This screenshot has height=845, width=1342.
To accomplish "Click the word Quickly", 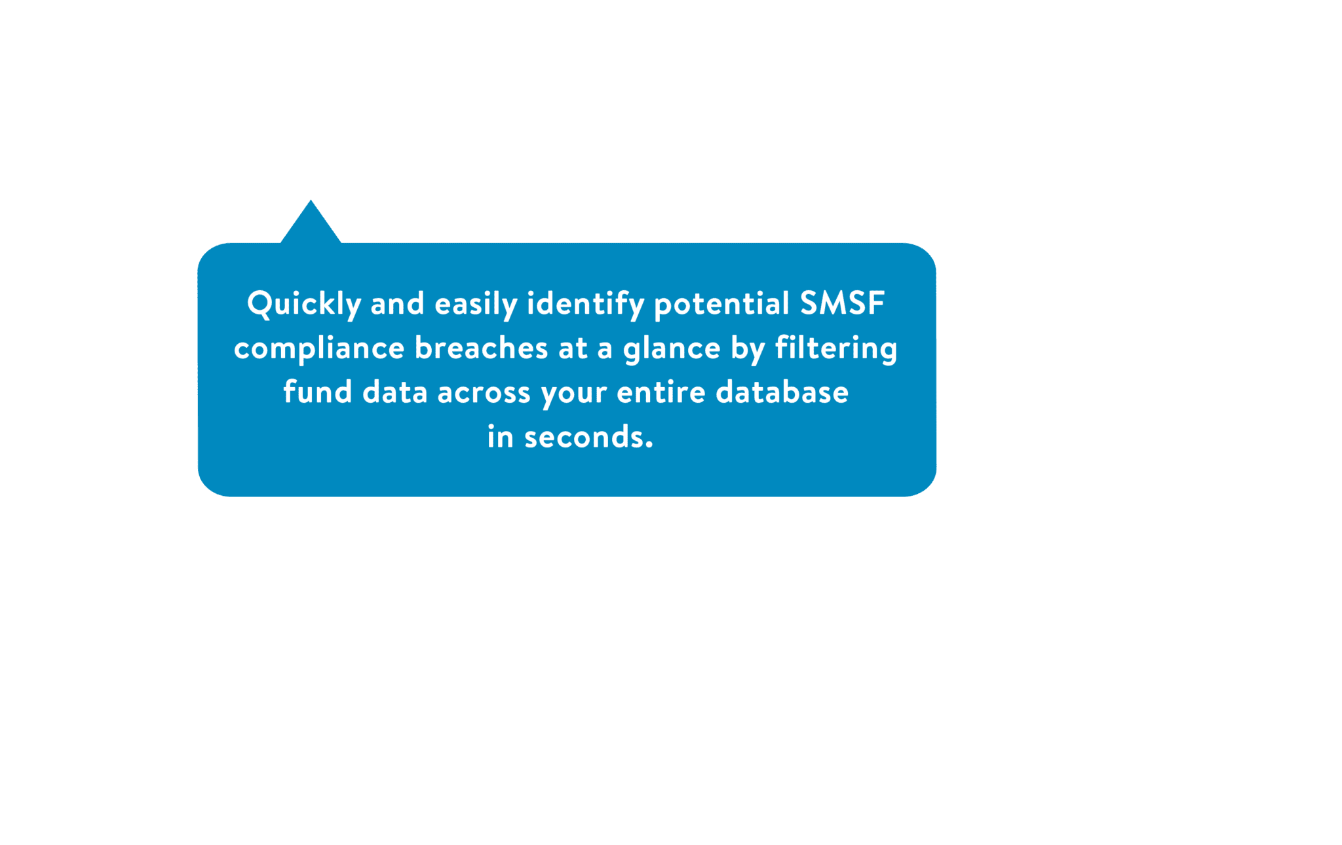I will tap(304, 305).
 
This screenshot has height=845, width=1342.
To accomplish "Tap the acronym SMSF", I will tap(843, 303).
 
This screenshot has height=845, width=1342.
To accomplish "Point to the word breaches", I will tap(481, 348).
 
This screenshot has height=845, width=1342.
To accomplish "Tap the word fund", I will tap(318, 392).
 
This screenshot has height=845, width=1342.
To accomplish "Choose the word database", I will tap(782, 392).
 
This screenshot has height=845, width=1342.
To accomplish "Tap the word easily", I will tap(476, 305).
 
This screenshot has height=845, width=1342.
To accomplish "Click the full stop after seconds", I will tap(649, 445).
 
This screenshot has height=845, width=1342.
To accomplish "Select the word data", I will tap(395, 392).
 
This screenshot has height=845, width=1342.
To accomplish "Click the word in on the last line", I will tap(500, 437).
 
